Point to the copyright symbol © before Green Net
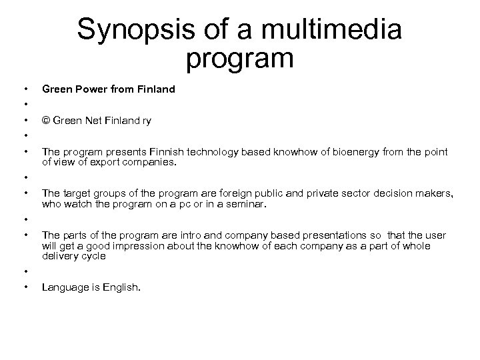45,121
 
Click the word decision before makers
375,194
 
